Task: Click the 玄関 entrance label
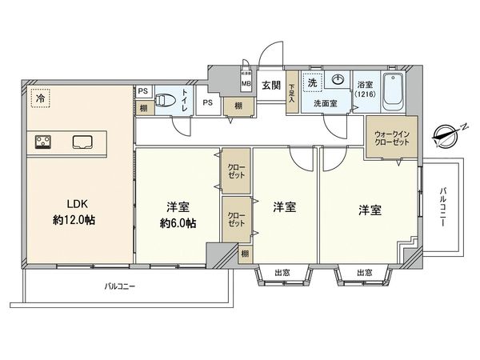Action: point(270,86)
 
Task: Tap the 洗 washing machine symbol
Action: point(314,82)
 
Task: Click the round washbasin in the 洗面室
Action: point(338,80)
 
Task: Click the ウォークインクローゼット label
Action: point(391,137)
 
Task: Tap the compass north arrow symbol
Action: point(443,134)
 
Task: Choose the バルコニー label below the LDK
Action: point(123,286)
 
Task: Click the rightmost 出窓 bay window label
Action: point(364,273)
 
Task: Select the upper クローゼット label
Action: point(236,169)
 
